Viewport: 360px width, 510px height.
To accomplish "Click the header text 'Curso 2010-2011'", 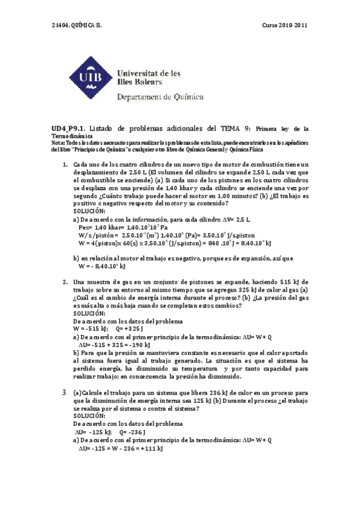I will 285,25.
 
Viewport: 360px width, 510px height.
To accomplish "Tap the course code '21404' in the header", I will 61,25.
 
